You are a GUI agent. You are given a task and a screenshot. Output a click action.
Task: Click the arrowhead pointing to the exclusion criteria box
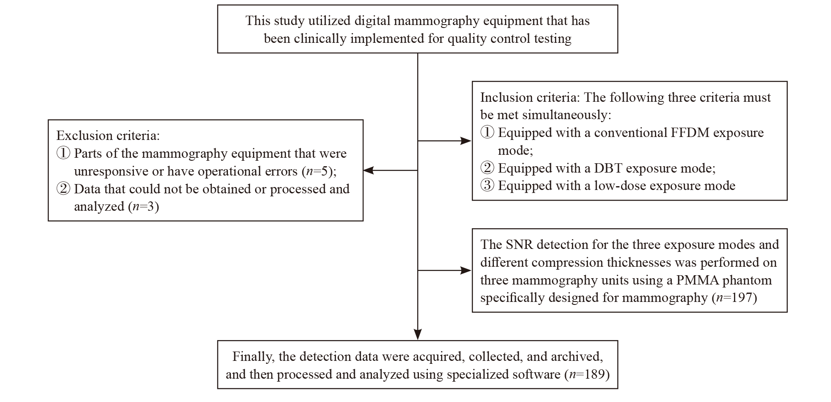click(x=368, y=170)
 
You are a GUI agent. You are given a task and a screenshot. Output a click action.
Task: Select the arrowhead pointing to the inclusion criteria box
click(x=466, y=141)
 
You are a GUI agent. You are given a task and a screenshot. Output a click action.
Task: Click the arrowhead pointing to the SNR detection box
click(x=466, y=271)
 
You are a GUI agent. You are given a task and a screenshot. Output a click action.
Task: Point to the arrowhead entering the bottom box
click(x=418, y=335)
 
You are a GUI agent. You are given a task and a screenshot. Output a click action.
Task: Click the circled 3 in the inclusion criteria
click(x=488, y=186)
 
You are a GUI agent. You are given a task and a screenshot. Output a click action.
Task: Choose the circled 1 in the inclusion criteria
click(x=488, y=133)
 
